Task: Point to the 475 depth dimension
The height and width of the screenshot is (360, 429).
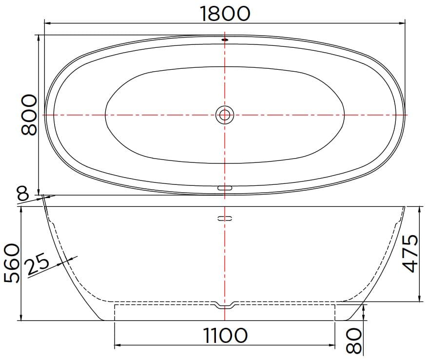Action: point(412,254)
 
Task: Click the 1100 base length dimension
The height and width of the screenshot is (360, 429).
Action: point(225,335)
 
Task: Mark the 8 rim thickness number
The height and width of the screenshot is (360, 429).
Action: point(22,195)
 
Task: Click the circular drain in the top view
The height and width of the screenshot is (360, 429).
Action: point(225,115)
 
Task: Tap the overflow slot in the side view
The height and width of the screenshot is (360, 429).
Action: point(225,219)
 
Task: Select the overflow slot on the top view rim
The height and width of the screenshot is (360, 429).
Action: point(225,187)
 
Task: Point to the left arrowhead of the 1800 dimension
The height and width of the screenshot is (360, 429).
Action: point(47,22)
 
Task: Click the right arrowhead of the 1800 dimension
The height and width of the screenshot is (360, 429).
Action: point(402,22)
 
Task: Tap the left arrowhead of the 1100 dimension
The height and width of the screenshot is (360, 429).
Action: point(117,345)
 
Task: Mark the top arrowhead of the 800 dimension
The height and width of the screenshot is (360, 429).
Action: point(39,38)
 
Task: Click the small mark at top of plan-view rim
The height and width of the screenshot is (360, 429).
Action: point(225,40)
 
